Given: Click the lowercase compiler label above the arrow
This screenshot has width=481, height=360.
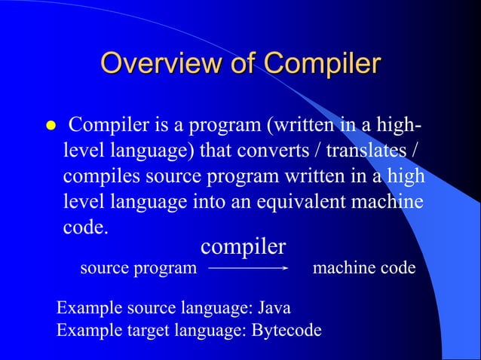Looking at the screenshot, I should click(x=243, y=246).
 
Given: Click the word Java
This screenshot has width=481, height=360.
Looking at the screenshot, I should click(x=274, y=308).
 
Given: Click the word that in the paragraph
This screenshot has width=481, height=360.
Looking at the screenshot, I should click(x=219, y=150).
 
